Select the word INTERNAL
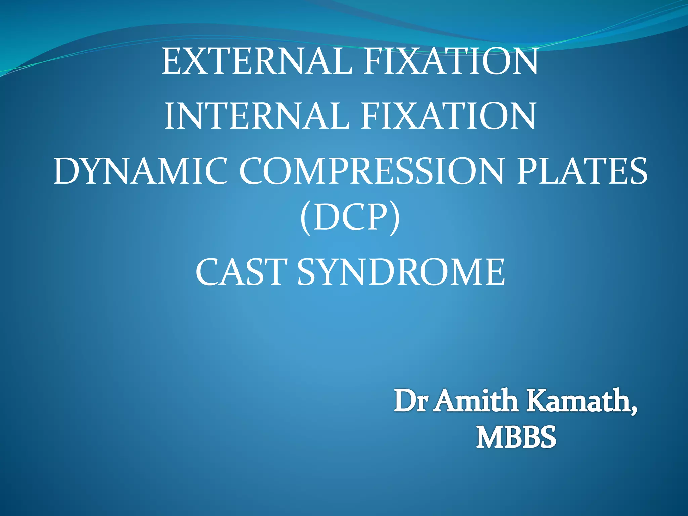[256, 116]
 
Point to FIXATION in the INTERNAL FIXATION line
[448, 116]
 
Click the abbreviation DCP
[350, 218]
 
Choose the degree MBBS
[516, 437]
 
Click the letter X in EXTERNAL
[195, 61]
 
